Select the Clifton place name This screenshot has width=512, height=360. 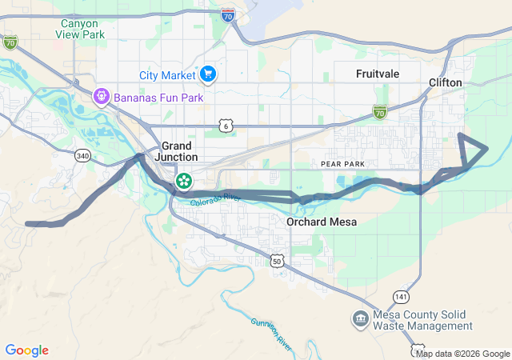point(446,82)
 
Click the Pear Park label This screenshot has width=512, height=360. point(342,163)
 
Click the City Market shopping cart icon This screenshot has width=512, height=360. point(208,74)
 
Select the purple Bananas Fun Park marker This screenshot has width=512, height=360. point(102,98)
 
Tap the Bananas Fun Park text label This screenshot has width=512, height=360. point(158,98)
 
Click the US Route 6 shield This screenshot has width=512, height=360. point(226,126)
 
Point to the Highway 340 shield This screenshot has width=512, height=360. point(82,156)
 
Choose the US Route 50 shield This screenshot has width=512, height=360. point(277,261)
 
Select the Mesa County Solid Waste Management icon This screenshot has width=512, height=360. point(360,319)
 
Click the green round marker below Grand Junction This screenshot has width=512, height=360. point(184,181)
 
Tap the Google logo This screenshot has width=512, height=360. point(26,350)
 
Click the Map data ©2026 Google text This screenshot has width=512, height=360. point(462,354)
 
